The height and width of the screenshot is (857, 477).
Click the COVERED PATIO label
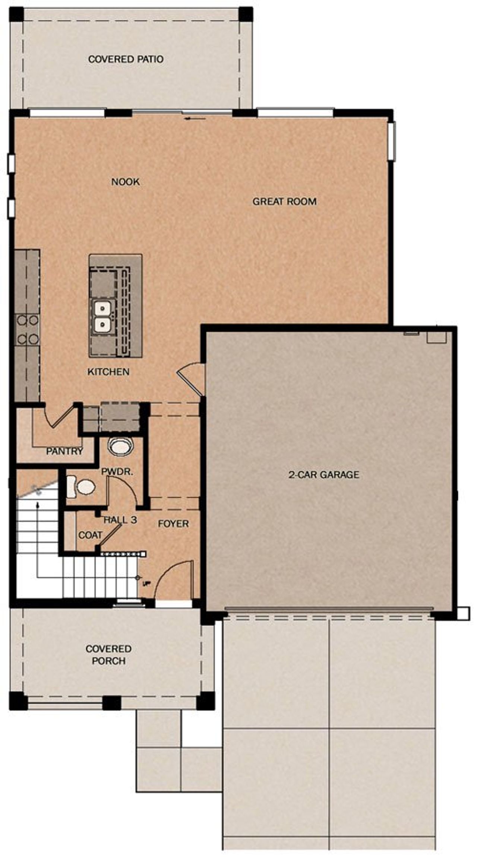(x=126, y=59)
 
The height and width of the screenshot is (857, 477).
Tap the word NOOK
(x=126, y=182)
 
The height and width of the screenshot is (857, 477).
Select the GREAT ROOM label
(x=284, y=201)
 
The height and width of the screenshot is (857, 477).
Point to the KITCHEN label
(x=108, y=371)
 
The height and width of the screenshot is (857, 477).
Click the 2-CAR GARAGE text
(x=323, y=474)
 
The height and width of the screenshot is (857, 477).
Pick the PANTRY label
(x=64, y=451)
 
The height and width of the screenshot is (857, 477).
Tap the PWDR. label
(x=117, y=472)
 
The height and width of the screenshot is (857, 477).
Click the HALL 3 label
(x=120, y=520)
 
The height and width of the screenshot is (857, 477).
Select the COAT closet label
(x=90, y=535)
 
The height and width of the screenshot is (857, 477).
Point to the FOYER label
(x=173, y=524)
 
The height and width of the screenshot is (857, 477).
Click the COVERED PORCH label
(x=108, y=655)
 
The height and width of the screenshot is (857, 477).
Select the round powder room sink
(x=120, y=446)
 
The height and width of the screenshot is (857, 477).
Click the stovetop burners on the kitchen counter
(x=27, y=330)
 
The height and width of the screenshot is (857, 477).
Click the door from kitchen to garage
(x=191, y=378)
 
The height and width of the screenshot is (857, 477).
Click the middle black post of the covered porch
(x=111, y=703)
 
